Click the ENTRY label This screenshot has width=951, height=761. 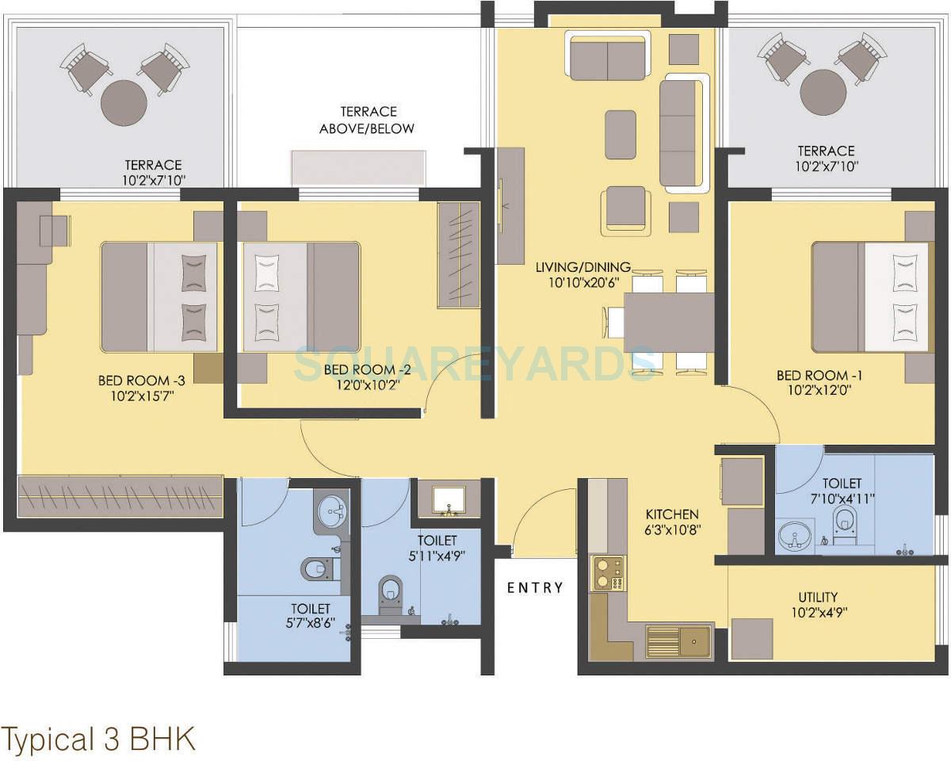535,587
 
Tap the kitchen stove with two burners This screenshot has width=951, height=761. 608,573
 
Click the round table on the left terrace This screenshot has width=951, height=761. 124,103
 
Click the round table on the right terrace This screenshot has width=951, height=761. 823,93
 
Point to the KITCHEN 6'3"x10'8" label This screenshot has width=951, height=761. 672,522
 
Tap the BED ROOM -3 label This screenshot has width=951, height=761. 141,380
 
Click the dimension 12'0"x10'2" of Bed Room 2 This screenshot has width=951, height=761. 368,384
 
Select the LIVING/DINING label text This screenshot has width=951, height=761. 583,267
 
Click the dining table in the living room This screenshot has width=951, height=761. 669,322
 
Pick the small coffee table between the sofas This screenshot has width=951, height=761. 621,135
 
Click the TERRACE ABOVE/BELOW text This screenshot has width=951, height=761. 367,120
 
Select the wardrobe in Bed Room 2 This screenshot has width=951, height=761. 459,255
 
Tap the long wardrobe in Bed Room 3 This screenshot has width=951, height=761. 120,495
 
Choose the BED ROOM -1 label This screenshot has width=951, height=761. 819,376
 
